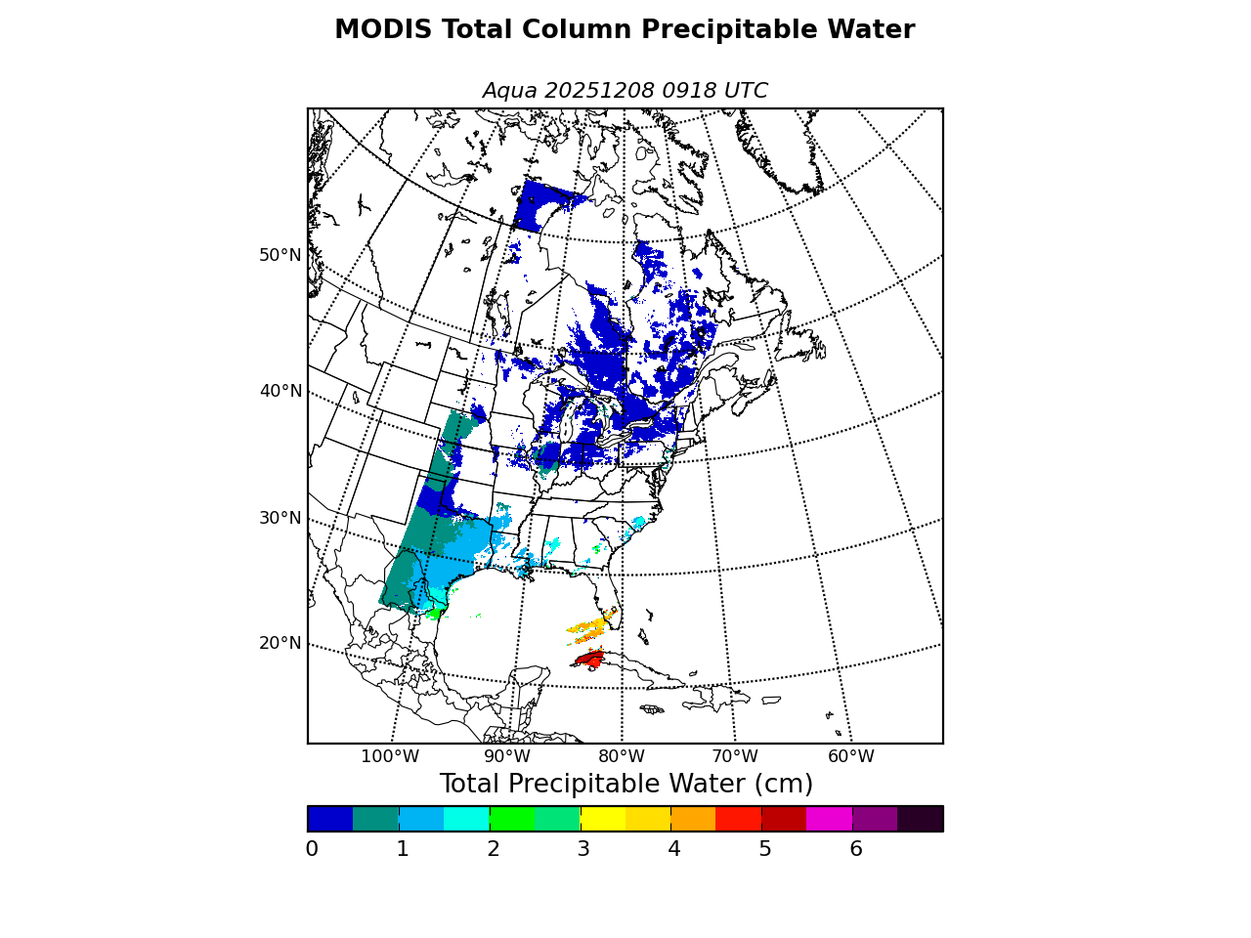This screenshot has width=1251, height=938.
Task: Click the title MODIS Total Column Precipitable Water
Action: click(625, 30)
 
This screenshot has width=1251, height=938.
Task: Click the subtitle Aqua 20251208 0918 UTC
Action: click(625, 91)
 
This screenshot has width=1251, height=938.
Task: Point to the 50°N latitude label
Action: click(280, 255)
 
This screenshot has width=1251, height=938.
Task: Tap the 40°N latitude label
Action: click(280, 391)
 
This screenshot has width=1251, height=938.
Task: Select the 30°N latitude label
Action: click(280, 518)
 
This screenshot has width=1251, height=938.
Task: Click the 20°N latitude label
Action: click(280, 643)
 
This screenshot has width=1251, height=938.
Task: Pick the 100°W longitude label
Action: click(390, 756)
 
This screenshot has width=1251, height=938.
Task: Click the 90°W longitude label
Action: click(507, 756)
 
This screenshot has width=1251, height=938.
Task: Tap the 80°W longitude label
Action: click(622, 756)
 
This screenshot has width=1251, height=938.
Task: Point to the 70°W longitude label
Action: click(735, 756)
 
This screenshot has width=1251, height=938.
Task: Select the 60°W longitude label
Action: click(851, 756)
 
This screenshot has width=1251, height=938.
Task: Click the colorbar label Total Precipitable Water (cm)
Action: click(625, 785)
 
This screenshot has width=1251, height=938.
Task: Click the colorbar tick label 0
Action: click(312, 849)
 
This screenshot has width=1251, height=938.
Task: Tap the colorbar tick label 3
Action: click(583, 849)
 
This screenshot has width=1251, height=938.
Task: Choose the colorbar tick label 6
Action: click(856, 849)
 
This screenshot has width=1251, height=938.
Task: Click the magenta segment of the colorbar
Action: click(829, 819)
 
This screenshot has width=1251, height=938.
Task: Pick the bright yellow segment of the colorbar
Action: click(602, 819)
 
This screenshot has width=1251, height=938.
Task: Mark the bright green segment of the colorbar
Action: click(511, 819)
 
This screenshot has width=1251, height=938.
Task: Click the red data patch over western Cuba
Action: click(590, 660)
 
